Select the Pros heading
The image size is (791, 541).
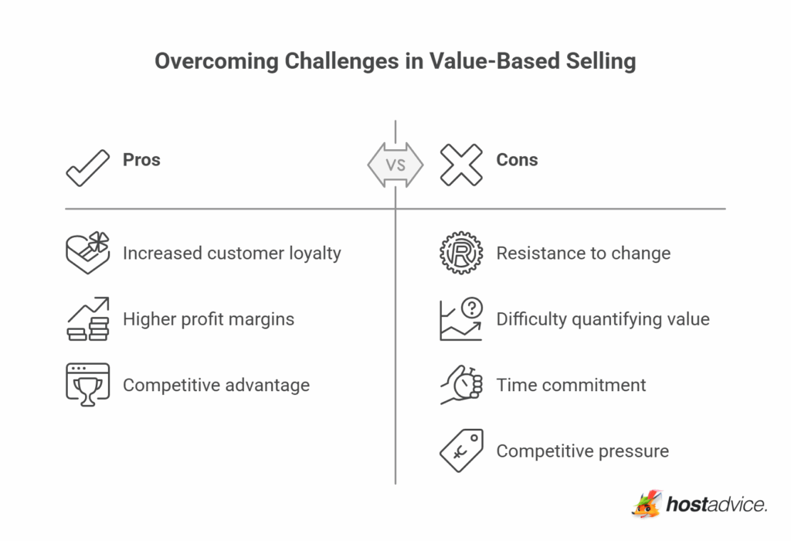[141, 160]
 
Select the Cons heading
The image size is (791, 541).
[517, 160]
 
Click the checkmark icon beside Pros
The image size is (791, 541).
[87, 165]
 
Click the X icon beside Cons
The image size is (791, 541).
[460, 164]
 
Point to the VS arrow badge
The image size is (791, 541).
[395, 165]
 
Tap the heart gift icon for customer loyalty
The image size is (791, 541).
[87, 253]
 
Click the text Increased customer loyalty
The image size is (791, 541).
[232, 253]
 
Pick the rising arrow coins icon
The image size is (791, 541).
[87, 318]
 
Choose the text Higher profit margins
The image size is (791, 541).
[209, 319]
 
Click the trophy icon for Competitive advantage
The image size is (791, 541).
[87, 384]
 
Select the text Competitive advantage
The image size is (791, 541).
[216, 385]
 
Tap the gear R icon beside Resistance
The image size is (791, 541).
[460, 253]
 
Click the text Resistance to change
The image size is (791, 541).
[583, 253]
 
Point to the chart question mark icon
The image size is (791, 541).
[460, 318]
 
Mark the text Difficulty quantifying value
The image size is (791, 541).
[603, 319]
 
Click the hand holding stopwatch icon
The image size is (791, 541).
[460, 384]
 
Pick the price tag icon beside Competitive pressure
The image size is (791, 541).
[460, 450]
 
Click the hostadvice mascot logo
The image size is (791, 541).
[647, 504]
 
